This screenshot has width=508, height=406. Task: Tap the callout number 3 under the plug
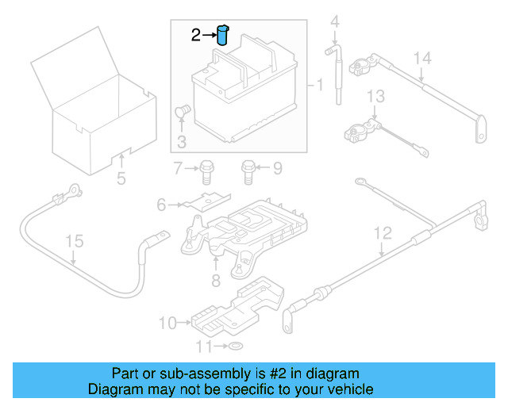point(181,142)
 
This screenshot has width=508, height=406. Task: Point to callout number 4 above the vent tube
point(335,21)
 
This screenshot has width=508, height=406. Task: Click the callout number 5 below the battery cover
point(121,178)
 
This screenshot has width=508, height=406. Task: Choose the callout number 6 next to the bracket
point(162,205)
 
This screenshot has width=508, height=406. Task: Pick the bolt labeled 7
point(179,167)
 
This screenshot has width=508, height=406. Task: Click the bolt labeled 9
point(248,167)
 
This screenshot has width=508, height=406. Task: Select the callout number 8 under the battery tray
point(215,280)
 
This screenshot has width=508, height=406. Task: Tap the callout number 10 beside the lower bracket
point(167,323)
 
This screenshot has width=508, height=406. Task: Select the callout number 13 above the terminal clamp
point(375,97)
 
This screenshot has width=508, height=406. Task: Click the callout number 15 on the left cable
point(73,240)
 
